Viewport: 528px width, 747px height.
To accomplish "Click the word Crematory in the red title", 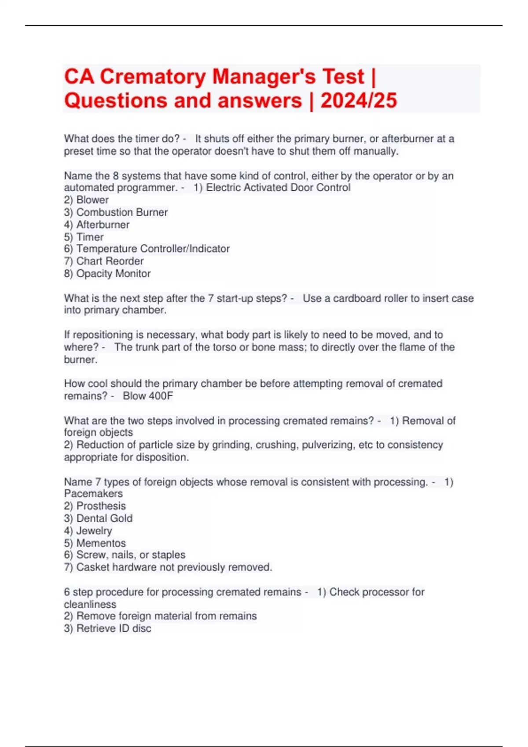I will (x=153, y=77).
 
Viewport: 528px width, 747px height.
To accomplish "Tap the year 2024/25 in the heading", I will (x=359, y=101).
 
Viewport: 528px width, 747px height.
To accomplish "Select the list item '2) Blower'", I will (x=86, y=200).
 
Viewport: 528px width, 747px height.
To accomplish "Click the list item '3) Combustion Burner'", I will (x=116, y=212).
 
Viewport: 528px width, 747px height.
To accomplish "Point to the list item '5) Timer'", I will (x=84, y=237).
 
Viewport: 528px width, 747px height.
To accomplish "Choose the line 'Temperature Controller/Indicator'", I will (x=153, y=249).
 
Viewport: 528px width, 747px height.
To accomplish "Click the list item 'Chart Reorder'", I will (x=110, y=261).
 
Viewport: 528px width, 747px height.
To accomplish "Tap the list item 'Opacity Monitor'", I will (x=113, y=274).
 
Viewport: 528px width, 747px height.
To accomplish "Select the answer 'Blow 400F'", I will (x=148, y=396).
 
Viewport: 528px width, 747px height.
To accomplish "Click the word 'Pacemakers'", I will (x=93, y=493).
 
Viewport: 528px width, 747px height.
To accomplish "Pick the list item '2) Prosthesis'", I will (x=95, y=506).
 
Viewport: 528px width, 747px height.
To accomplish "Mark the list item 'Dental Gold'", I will (x=104, y=519).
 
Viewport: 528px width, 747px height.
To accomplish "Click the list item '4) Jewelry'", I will (x=88, y=531).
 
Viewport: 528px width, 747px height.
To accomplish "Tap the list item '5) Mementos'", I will (x=95, y=543).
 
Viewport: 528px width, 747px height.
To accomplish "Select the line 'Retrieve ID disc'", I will (x=114, y=628).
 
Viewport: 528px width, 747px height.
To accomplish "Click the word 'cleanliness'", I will (x=90, y=604).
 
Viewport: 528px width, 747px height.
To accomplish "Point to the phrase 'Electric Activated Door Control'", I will (x=278, y=188).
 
